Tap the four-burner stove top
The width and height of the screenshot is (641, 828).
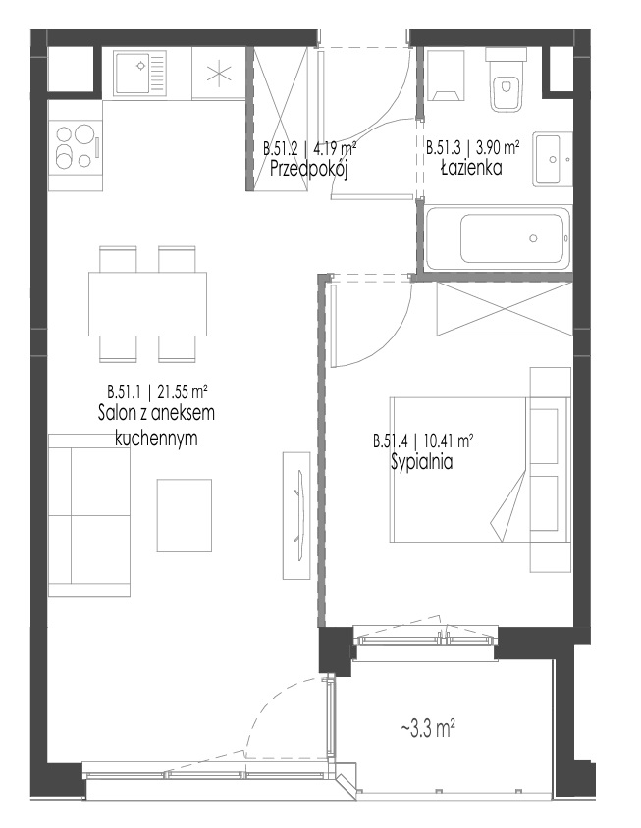pos(76,145)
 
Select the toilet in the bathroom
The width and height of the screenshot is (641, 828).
pos(507,79)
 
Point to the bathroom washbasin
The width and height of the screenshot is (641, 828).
pos(553,158)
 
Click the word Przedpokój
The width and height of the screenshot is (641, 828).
pos(308,169)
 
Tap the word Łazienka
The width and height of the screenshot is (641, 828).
pos(471,168)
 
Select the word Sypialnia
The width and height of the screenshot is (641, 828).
pos(422,462)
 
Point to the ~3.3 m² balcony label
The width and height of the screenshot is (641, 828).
pos(428,729)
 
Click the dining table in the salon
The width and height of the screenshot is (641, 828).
pos(147,304)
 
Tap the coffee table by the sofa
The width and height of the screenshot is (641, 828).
pos(184,515)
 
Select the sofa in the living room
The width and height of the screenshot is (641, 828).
pos(88,515)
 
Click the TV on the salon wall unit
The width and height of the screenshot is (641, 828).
pos(300,515)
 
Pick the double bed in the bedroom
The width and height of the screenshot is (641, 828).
pos(480,470)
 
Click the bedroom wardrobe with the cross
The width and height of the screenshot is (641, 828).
pos(505,309)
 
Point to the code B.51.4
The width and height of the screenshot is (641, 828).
pos(391,441)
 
